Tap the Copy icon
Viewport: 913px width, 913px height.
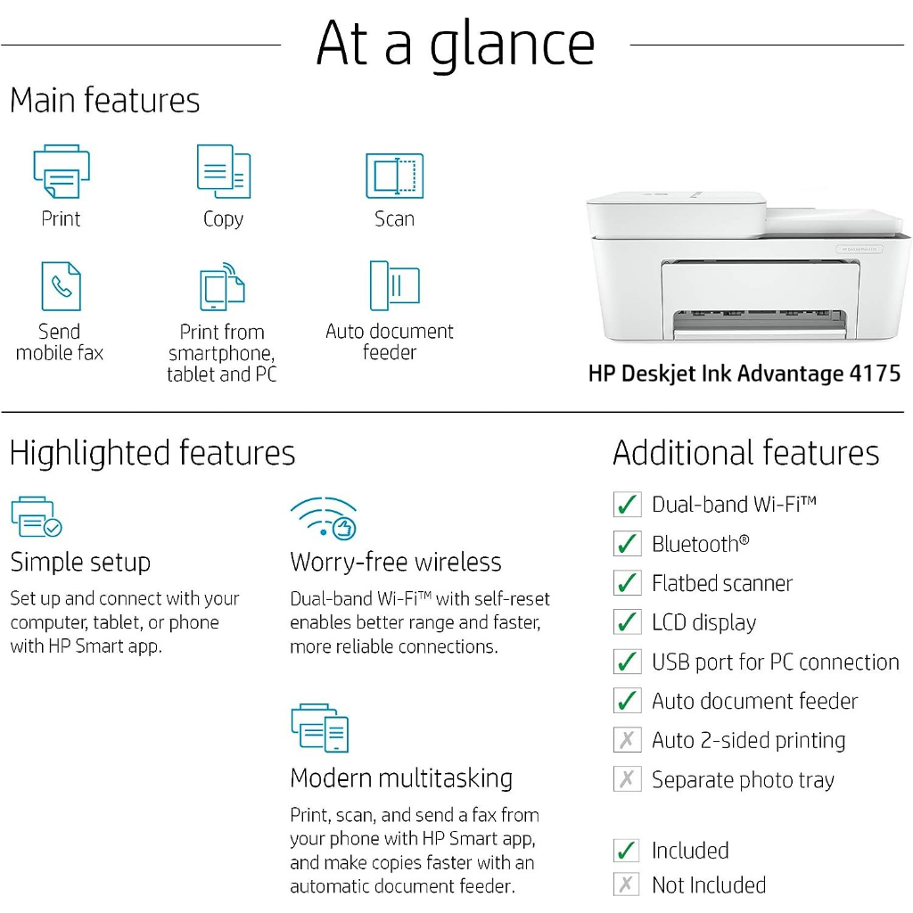pos(223,171)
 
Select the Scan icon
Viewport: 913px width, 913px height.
pos(394,176)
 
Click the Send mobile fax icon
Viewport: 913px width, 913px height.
pos(61,285)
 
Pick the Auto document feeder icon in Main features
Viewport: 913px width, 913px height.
pos(393,285)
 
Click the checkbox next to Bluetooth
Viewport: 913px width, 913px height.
pos(627,544)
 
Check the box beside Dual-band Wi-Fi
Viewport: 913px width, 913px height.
pos(627,505)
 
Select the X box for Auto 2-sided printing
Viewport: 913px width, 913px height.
pos(627,740)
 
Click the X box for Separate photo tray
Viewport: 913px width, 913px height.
pos(627,779)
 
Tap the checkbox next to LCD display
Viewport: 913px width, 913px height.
pos(627,622)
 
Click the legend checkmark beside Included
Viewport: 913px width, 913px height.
pos(627,851)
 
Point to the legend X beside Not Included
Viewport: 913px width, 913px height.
pos(627,884)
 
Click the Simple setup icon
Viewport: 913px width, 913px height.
pos(36,517)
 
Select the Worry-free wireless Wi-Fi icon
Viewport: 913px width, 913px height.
pos(323,518)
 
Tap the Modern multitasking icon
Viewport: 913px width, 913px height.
pos(319,728)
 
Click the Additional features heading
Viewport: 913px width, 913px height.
pos(745,453)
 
